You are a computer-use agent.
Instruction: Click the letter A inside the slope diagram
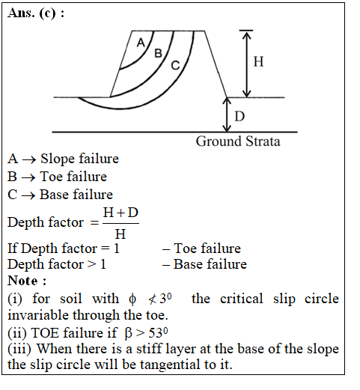click(141, 43)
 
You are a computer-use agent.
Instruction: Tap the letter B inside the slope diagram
click(158, 53)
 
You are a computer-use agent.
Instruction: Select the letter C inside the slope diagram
click(175, 65)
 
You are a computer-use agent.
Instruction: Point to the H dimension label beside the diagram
click(258, 61)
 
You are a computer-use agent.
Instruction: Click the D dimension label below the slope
click(240, 116)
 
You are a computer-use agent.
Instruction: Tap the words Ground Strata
click(238, 141)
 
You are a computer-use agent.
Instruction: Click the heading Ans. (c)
click(36, 13)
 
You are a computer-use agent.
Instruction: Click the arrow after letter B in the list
click(28, 177)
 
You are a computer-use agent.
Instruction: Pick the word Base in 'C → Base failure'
click(55, 195)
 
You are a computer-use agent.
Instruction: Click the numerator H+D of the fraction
click(120, 213)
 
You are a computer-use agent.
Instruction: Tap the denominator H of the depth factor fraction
click(120, 234)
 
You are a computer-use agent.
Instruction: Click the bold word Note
click(22, 281)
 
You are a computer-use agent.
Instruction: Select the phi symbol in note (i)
click(132, 299)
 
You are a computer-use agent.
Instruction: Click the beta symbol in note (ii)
click(128, 333)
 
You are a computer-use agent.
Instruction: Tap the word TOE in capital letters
click(46, 332)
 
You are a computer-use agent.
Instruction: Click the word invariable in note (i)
click(38, 315)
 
